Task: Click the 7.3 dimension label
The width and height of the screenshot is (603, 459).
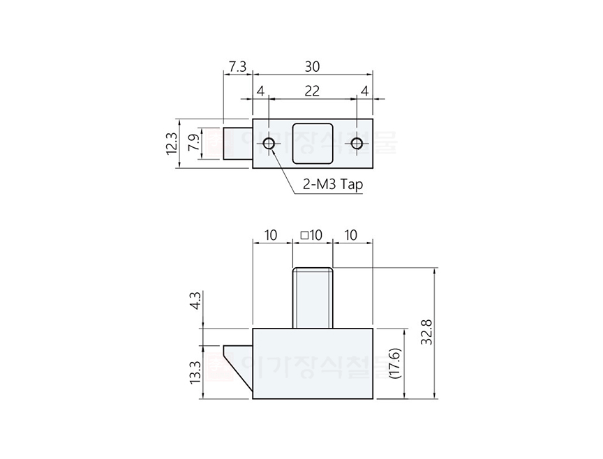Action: coord(237,67)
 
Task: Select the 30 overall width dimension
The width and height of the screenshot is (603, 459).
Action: coord(312,67)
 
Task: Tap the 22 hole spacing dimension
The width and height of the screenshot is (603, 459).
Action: coord(312,91)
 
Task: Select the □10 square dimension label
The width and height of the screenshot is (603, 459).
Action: coord(311,235)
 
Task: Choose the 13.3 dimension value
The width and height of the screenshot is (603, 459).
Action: coord(195,372)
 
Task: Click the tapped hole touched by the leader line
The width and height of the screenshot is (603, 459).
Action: coord(269,144)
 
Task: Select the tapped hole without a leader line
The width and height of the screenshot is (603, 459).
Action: coord(357,144)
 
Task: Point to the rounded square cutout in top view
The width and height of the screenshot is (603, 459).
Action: coord(312,143)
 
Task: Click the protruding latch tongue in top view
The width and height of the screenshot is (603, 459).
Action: coord(237,144)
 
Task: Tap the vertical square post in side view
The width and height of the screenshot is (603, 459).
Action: coord(312,297)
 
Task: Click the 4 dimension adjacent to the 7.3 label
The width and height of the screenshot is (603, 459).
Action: coord(260,91)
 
